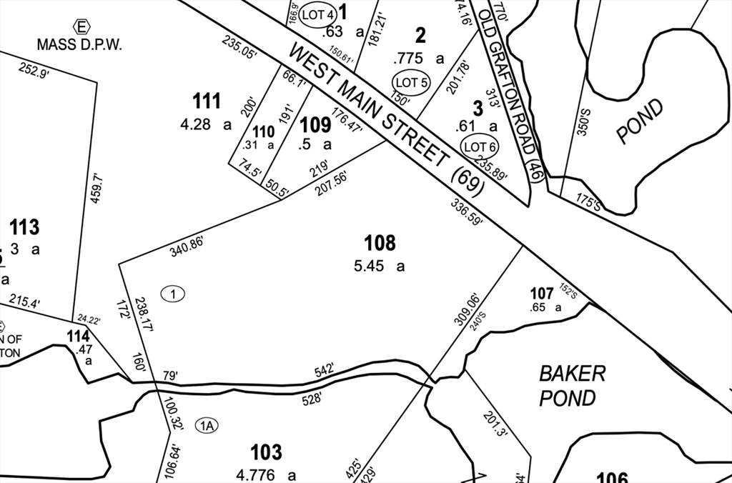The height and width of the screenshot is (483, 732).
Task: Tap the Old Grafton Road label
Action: pos(512,93)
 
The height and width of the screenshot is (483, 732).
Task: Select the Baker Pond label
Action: pos(573,385)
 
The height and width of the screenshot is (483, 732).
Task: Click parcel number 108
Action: pos(380,243)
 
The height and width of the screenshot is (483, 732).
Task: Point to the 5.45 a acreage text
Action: pos(379,267)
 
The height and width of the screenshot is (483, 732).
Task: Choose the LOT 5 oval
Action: pos(410,83)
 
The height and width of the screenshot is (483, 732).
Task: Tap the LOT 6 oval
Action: pos(480,147)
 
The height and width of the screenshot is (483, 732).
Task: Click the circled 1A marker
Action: pos(207,426)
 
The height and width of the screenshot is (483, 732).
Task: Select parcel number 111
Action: pos(207,101)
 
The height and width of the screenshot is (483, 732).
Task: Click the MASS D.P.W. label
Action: pos(80,44)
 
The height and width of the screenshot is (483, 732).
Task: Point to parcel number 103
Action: pos(266,452)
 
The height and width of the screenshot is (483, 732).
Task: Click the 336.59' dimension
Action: pos(467,213)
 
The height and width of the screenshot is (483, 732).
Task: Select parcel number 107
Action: pos(542,293)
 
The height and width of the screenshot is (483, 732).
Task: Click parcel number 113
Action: pos(24,228)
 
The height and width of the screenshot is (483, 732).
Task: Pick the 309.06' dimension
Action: pos(464,308)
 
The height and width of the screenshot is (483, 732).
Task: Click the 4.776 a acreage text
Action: pos(265,474)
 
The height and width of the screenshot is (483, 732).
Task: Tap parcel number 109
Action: pos(315,125)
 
